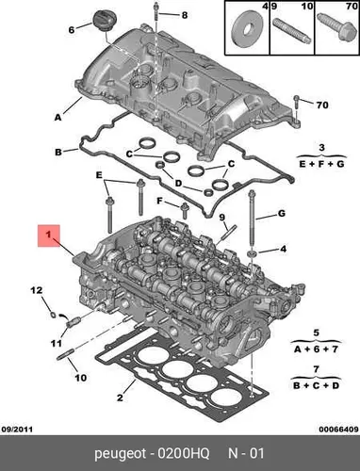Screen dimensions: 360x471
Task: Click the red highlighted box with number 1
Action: click(49, 235)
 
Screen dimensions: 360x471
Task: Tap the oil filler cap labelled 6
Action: click(103, 21)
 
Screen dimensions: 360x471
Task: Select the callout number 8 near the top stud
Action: click(185, 15)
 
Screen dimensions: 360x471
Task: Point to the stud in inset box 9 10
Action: click(291, 30)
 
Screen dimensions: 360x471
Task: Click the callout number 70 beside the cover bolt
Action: click(322, 105)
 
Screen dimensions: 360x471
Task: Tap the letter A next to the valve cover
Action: click(57, 118)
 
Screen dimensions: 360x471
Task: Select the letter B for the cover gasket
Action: click(58, 153)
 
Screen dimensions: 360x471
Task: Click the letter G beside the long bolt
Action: click(282, 214)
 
